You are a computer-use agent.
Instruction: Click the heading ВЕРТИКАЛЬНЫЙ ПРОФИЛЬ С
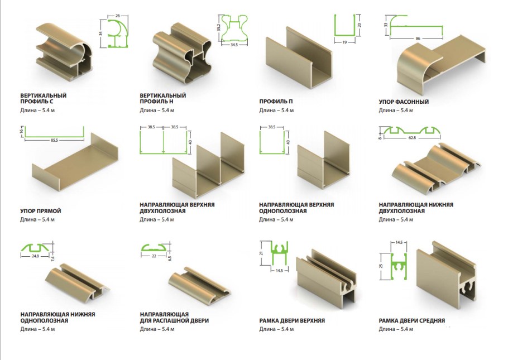point(44,98)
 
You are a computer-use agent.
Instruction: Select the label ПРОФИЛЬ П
point(276,102)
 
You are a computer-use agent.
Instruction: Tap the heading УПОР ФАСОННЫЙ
point(404,102)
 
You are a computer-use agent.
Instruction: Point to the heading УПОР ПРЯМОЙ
point(41,211)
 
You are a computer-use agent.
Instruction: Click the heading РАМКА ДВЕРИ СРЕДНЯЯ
point(412,320)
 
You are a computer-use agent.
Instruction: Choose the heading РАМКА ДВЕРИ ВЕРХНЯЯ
point(292,320)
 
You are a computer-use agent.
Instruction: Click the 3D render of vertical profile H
point(181,54)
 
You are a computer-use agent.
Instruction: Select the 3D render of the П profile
point(299,57)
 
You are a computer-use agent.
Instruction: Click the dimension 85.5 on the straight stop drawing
point(55,140)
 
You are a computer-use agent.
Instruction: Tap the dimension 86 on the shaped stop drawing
point(418,39)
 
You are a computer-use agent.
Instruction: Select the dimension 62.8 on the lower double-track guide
point(412,138)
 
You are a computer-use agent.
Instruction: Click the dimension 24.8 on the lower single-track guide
point(35,256)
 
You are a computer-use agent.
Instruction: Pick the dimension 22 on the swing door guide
point(154,256)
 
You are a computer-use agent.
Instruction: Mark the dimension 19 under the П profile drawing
point(344,42)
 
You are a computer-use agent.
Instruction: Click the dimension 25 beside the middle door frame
point(381,266)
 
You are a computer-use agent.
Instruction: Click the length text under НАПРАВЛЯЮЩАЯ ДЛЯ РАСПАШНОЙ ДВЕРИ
point(157,329)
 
